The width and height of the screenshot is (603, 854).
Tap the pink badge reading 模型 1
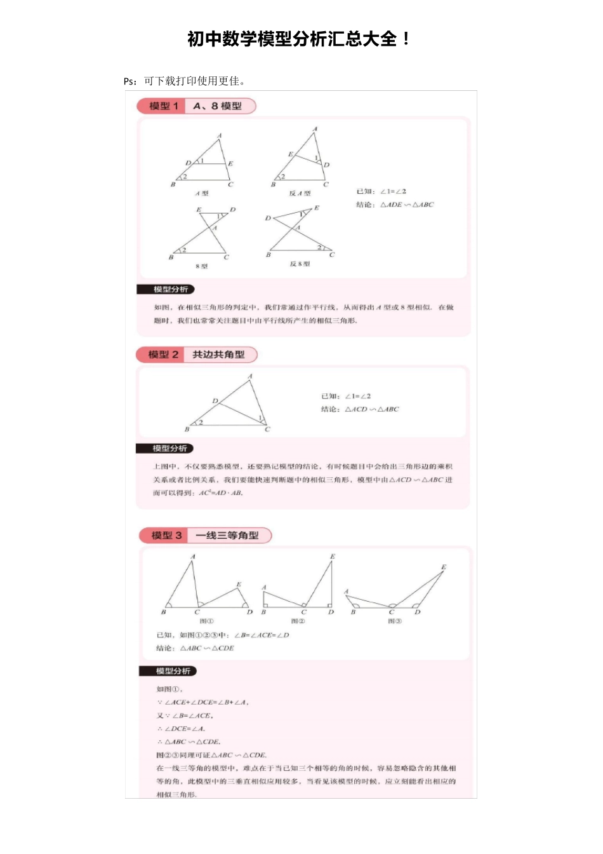163,106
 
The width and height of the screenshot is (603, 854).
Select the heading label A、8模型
218,106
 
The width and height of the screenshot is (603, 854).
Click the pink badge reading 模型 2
162,355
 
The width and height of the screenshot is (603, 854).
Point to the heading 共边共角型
218,355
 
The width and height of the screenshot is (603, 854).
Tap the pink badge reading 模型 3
166,536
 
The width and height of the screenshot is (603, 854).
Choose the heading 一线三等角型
227,536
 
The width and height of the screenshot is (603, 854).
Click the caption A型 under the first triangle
202,193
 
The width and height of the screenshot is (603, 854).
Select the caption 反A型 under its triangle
300,193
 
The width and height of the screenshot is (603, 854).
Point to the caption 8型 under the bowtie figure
202,266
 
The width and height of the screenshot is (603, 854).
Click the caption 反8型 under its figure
300,264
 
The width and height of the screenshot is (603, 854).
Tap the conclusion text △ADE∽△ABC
407,205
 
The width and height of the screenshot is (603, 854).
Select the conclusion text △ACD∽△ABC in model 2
372,409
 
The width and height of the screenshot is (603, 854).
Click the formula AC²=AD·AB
221,492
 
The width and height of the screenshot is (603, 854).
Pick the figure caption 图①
207,621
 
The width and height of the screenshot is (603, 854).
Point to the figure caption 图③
394,621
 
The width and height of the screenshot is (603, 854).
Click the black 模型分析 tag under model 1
166,290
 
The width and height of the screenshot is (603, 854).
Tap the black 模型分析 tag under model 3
168,671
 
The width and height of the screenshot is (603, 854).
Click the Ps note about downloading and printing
185,81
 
